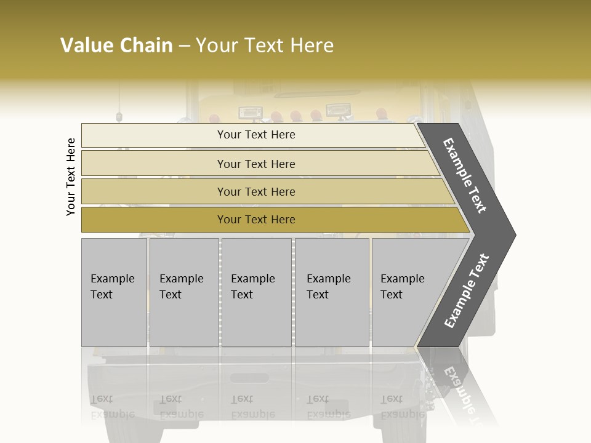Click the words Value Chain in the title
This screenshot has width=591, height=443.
click(x=116, y=46)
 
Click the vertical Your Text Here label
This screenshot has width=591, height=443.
click(x=71, y=177)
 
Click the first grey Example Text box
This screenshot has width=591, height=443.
click(x=114, y=292)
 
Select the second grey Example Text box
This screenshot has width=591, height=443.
click(x=183, y=292)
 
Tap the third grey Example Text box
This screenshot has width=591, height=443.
click(x=256, y=292)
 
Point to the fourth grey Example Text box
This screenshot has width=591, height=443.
click(x=332, y=292)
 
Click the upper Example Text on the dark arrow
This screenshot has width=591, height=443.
click(x=465, y=175)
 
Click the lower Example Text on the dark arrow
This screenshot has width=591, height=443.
click(x=467, y=290)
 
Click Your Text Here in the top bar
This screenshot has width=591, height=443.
click(x=256, y=135)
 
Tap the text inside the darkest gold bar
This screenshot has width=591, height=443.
click(x=256, y=220)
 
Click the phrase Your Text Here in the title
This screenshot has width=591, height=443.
click(x=265, y=46)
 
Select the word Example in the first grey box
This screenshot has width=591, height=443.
click(x=112, y=279)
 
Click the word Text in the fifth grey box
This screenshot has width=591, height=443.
click(x=392, y=295)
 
